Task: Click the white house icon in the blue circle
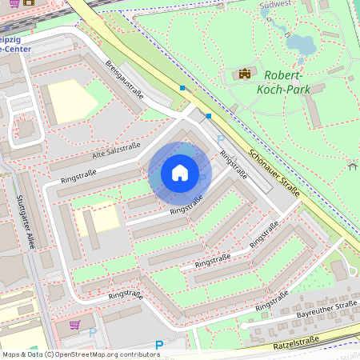180,172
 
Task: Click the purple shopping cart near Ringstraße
74,326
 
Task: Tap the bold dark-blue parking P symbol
158,346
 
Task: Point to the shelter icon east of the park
352,166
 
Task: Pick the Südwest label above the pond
275,4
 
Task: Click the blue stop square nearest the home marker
209,116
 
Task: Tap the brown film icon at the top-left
29,2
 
